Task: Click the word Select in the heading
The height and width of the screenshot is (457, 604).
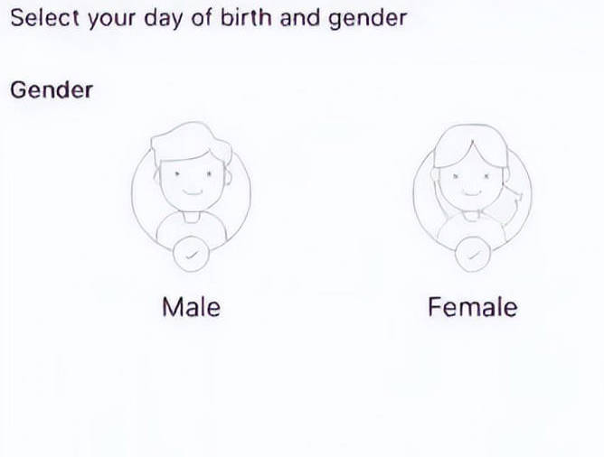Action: click(x=45, y=18)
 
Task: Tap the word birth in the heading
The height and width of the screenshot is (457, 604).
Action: click(x=246, y=18)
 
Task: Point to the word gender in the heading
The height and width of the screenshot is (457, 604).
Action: click(x=367, y=19)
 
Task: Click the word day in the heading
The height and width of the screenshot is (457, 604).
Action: click(x=163, y=19)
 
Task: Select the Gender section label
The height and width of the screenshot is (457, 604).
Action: click(x=52, y=90)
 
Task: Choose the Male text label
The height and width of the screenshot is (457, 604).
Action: click(x=192, y=307)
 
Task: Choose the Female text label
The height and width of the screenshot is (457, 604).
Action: click(x=473, y=307)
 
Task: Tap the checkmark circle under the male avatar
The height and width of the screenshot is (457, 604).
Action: click(x=192, y=254)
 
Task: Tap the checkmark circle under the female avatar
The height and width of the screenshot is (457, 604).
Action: click(x=473, y=254)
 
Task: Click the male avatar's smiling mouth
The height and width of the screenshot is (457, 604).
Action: click(x=193, y=191)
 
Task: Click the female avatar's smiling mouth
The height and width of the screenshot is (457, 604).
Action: click(x=471, y=192)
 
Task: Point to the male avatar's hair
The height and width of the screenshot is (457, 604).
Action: click(x=192, y=142)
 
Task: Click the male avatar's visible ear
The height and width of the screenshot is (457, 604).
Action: click(x=227, y=177)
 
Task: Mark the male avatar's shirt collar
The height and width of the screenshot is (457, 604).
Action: click(x=192, y=217)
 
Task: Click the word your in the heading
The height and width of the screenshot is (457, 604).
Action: click(x=111, y=19)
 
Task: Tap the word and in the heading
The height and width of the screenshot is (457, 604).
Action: click(x=300, y=18)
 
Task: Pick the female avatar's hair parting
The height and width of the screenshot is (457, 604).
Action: click(x=473, y=148)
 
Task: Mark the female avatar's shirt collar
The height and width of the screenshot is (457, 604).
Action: click(x=471, y=217)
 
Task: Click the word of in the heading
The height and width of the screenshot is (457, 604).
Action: click(x=201, y=18)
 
